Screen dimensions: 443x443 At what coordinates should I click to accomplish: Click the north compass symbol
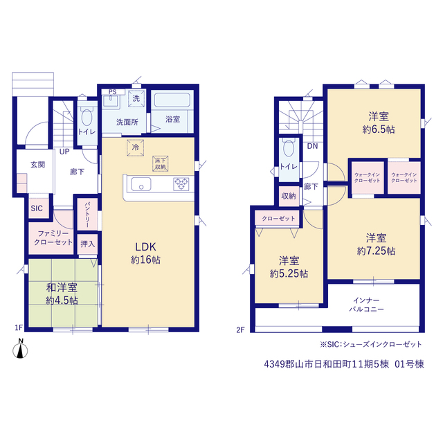tap(20, 349)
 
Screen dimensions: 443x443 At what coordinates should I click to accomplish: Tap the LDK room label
tap(145, 247)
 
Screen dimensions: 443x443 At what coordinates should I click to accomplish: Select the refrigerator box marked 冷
tap(136, 147)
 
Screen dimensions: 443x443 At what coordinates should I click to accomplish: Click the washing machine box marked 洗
tap(136, 98)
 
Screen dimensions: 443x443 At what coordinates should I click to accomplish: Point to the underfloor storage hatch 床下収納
tap(161, 164)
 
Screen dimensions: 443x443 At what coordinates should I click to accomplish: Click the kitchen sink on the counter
tap(141, 184)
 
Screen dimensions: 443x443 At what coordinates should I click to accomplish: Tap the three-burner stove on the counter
tap(181, 184)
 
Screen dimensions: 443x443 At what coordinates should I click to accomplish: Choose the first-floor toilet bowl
tap(87, 117)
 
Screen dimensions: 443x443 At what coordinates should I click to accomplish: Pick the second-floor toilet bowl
tap(289, 147)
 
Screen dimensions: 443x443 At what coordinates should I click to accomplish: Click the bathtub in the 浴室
tap(172, 100)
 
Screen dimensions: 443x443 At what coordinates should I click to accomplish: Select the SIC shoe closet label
tap(37, 208)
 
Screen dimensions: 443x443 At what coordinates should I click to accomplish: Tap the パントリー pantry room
tap(87, 214)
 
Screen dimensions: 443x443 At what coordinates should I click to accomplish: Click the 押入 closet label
tap(88, 244)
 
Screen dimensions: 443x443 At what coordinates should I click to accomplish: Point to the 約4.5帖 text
tap(62, 300)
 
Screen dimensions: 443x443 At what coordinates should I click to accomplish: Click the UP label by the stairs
tap(64, 152)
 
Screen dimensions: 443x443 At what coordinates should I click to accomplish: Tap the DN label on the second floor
tap(312, 146)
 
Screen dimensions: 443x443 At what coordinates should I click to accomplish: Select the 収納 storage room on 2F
tap(289, 196)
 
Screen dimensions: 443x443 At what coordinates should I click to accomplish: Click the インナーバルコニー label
tap(366, 305)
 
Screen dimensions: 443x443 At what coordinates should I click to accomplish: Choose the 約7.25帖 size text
tap(376, 251)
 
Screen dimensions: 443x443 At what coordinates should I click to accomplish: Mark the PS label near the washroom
tap(112, 92)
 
